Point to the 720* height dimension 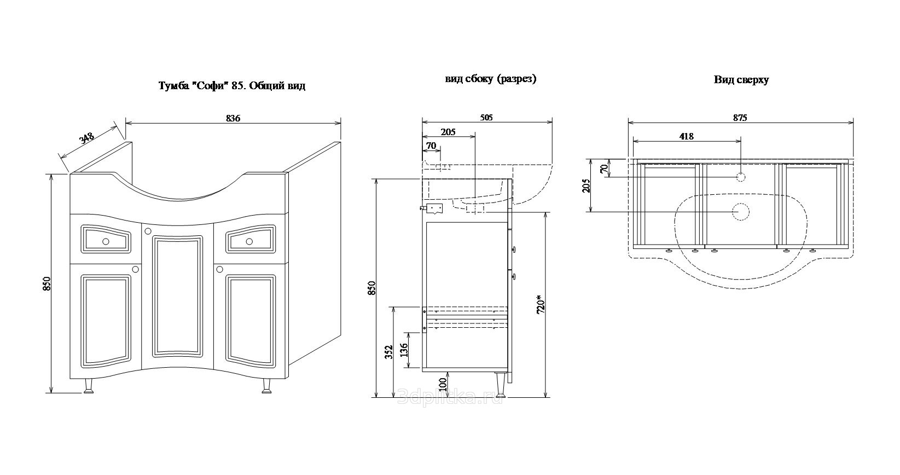[540, 304]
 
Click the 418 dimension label [686, 136]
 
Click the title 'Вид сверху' [741, 80]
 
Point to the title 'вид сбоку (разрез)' [491, 79]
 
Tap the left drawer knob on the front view [106, 240]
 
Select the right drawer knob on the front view [249, 241]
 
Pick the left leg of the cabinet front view [88, 387]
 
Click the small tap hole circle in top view [741, 177]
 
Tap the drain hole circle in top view [741, 211]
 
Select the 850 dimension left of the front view [47, 283]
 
